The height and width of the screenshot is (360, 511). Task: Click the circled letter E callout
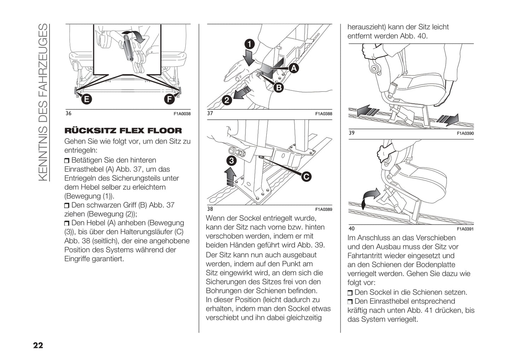[86, 99]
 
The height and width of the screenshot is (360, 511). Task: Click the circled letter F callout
[170, 99]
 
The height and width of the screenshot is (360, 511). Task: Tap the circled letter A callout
[294, 68]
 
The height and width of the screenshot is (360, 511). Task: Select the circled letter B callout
[279, 87]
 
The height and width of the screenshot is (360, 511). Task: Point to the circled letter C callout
[306, 176]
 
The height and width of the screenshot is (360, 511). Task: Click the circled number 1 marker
[250, 44]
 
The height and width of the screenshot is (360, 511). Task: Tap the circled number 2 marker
[227, 100]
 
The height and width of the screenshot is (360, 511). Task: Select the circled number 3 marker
[231, 161]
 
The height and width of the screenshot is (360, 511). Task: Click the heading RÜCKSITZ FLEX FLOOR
[123, 131]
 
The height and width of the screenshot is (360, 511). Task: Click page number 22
[38, 345]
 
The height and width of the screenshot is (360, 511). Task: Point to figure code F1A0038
[182, 114]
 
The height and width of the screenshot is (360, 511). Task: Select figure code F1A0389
[324, 209]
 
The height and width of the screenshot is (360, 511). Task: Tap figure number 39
[352, 133]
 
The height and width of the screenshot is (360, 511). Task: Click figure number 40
[352, 229]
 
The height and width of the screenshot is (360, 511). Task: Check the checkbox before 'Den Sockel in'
[350, 293]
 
